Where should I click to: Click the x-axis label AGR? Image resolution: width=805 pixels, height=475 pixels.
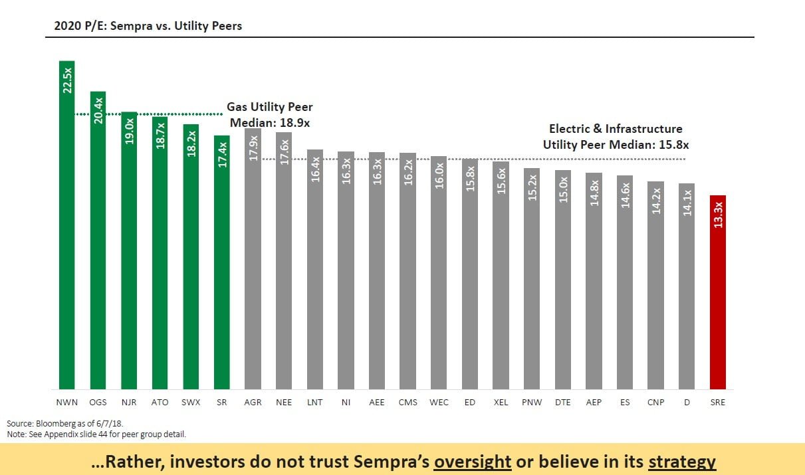pyautogui.click(x=253, y=403)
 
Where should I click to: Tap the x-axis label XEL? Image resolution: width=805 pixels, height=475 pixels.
pyautogui.click(x=501, y=403)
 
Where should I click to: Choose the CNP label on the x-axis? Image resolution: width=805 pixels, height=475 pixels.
pyautogui.click(x=656, y=403)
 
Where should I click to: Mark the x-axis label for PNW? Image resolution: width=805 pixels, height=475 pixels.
pyautogui.click(x=532, y=403)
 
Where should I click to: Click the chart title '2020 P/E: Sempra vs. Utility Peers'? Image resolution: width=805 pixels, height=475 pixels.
pyautogui.click(x=148, y=27)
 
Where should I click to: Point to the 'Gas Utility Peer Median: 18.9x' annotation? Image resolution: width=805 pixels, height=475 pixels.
pyautogui.click(x=270, y=115)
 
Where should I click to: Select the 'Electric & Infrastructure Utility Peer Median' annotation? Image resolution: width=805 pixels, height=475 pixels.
pyautogui.click(x=616, y=136)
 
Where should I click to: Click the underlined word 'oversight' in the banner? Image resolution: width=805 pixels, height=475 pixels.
pyautogui.click(x=471, y=462)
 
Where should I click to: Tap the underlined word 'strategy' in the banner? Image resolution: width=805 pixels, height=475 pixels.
pyautogui.click(x=682, y=462)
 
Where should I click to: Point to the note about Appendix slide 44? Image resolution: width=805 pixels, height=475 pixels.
pyautogui.click(x=96, y=434)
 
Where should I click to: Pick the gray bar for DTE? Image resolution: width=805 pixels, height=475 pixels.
pyautogui.click(x=563, y=279)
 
